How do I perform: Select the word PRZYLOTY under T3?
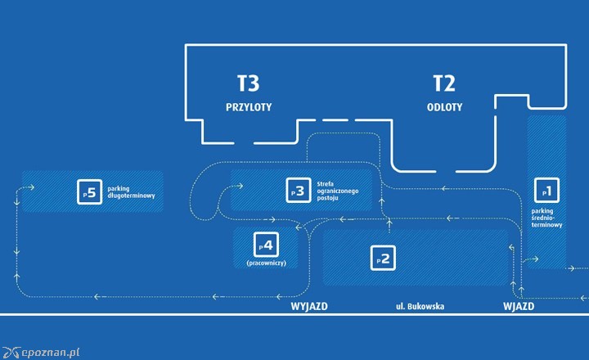pyautogui.click(x=249, y=107)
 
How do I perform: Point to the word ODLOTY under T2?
pyautogui.click(x=444, y=107)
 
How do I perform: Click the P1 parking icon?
pyautogui.click(x=546, y=191)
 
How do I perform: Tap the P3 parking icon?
pyautogui.click(x=298, y=191)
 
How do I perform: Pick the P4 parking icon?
pyautogui.click(x=267, y=243)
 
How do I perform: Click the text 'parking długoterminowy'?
pyautogui.click(x=131, y=192)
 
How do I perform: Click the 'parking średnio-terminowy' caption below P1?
pyautogui.click(x=547, y=218)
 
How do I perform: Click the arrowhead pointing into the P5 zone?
pyautogui.click(x=31, y=187)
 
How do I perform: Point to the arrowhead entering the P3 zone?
pyautogui.click(x=240, y=186)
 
